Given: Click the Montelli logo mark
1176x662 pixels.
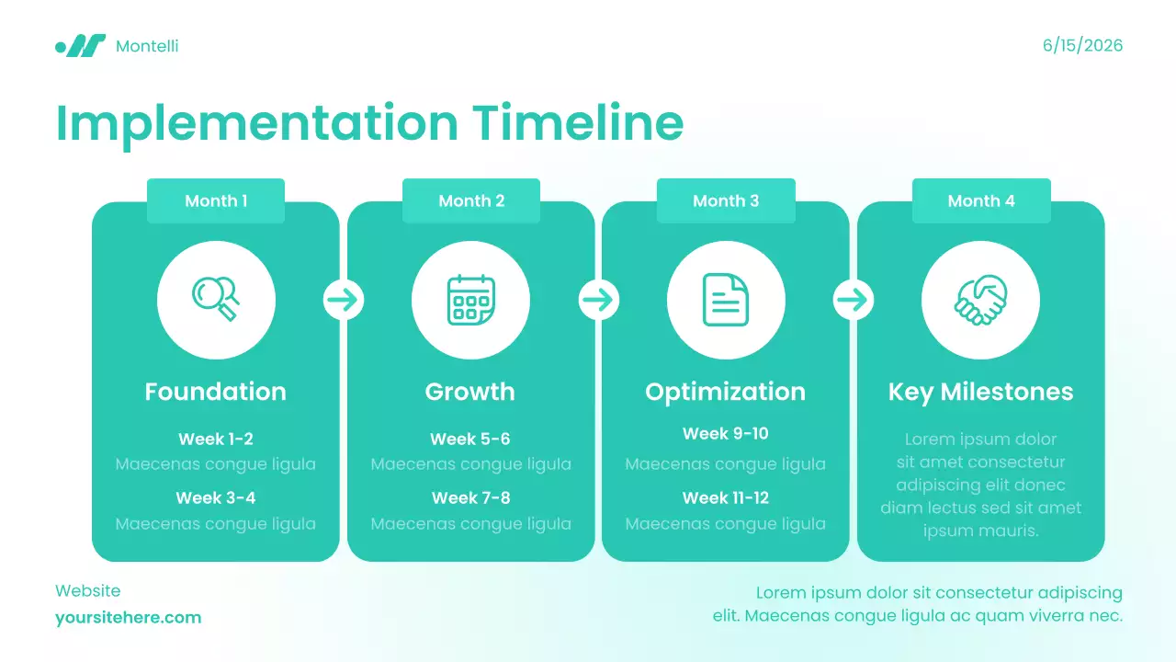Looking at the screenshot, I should [x=81, y=46].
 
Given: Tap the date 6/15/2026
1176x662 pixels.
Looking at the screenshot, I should [x=1082, y=46].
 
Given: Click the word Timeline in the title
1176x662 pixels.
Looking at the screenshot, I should [x=578, y=122].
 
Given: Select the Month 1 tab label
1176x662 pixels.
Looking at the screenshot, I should [x=216, y=201].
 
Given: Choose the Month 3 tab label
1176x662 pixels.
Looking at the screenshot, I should [x=726, y=201].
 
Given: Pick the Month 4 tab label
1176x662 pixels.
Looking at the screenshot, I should [x=981, y=201].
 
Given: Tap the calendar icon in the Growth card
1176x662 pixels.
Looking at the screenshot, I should [x=470, y=300].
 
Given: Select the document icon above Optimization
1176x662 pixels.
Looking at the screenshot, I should [x=726, y=300].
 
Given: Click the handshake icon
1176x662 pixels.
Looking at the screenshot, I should [x=980, y=300].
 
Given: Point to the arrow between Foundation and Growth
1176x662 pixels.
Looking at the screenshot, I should [x=344, y=300].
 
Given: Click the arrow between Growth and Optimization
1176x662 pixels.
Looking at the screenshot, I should [x=598, y=300].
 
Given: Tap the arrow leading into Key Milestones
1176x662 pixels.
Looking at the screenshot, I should [x=854, y=300].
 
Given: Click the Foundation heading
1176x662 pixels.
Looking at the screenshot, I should [x=216, y=392].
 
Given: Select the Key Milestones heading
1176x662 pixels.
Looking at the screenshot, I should [x=980, y=392].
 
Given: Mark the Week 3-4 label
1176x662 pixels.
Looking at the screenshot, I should [x=216, y=498].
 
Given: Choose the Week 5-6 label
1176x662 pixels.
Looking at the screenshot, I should [x=470, y=439].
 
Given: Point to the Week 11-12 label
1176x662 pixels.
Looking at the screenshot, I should [x=726, y=498].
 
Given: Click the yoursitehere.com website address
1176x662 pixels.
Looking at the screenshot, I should [x=129, y=618].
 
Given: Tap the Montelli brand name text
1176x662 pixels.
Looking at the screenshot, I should [x=147, y=46].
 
